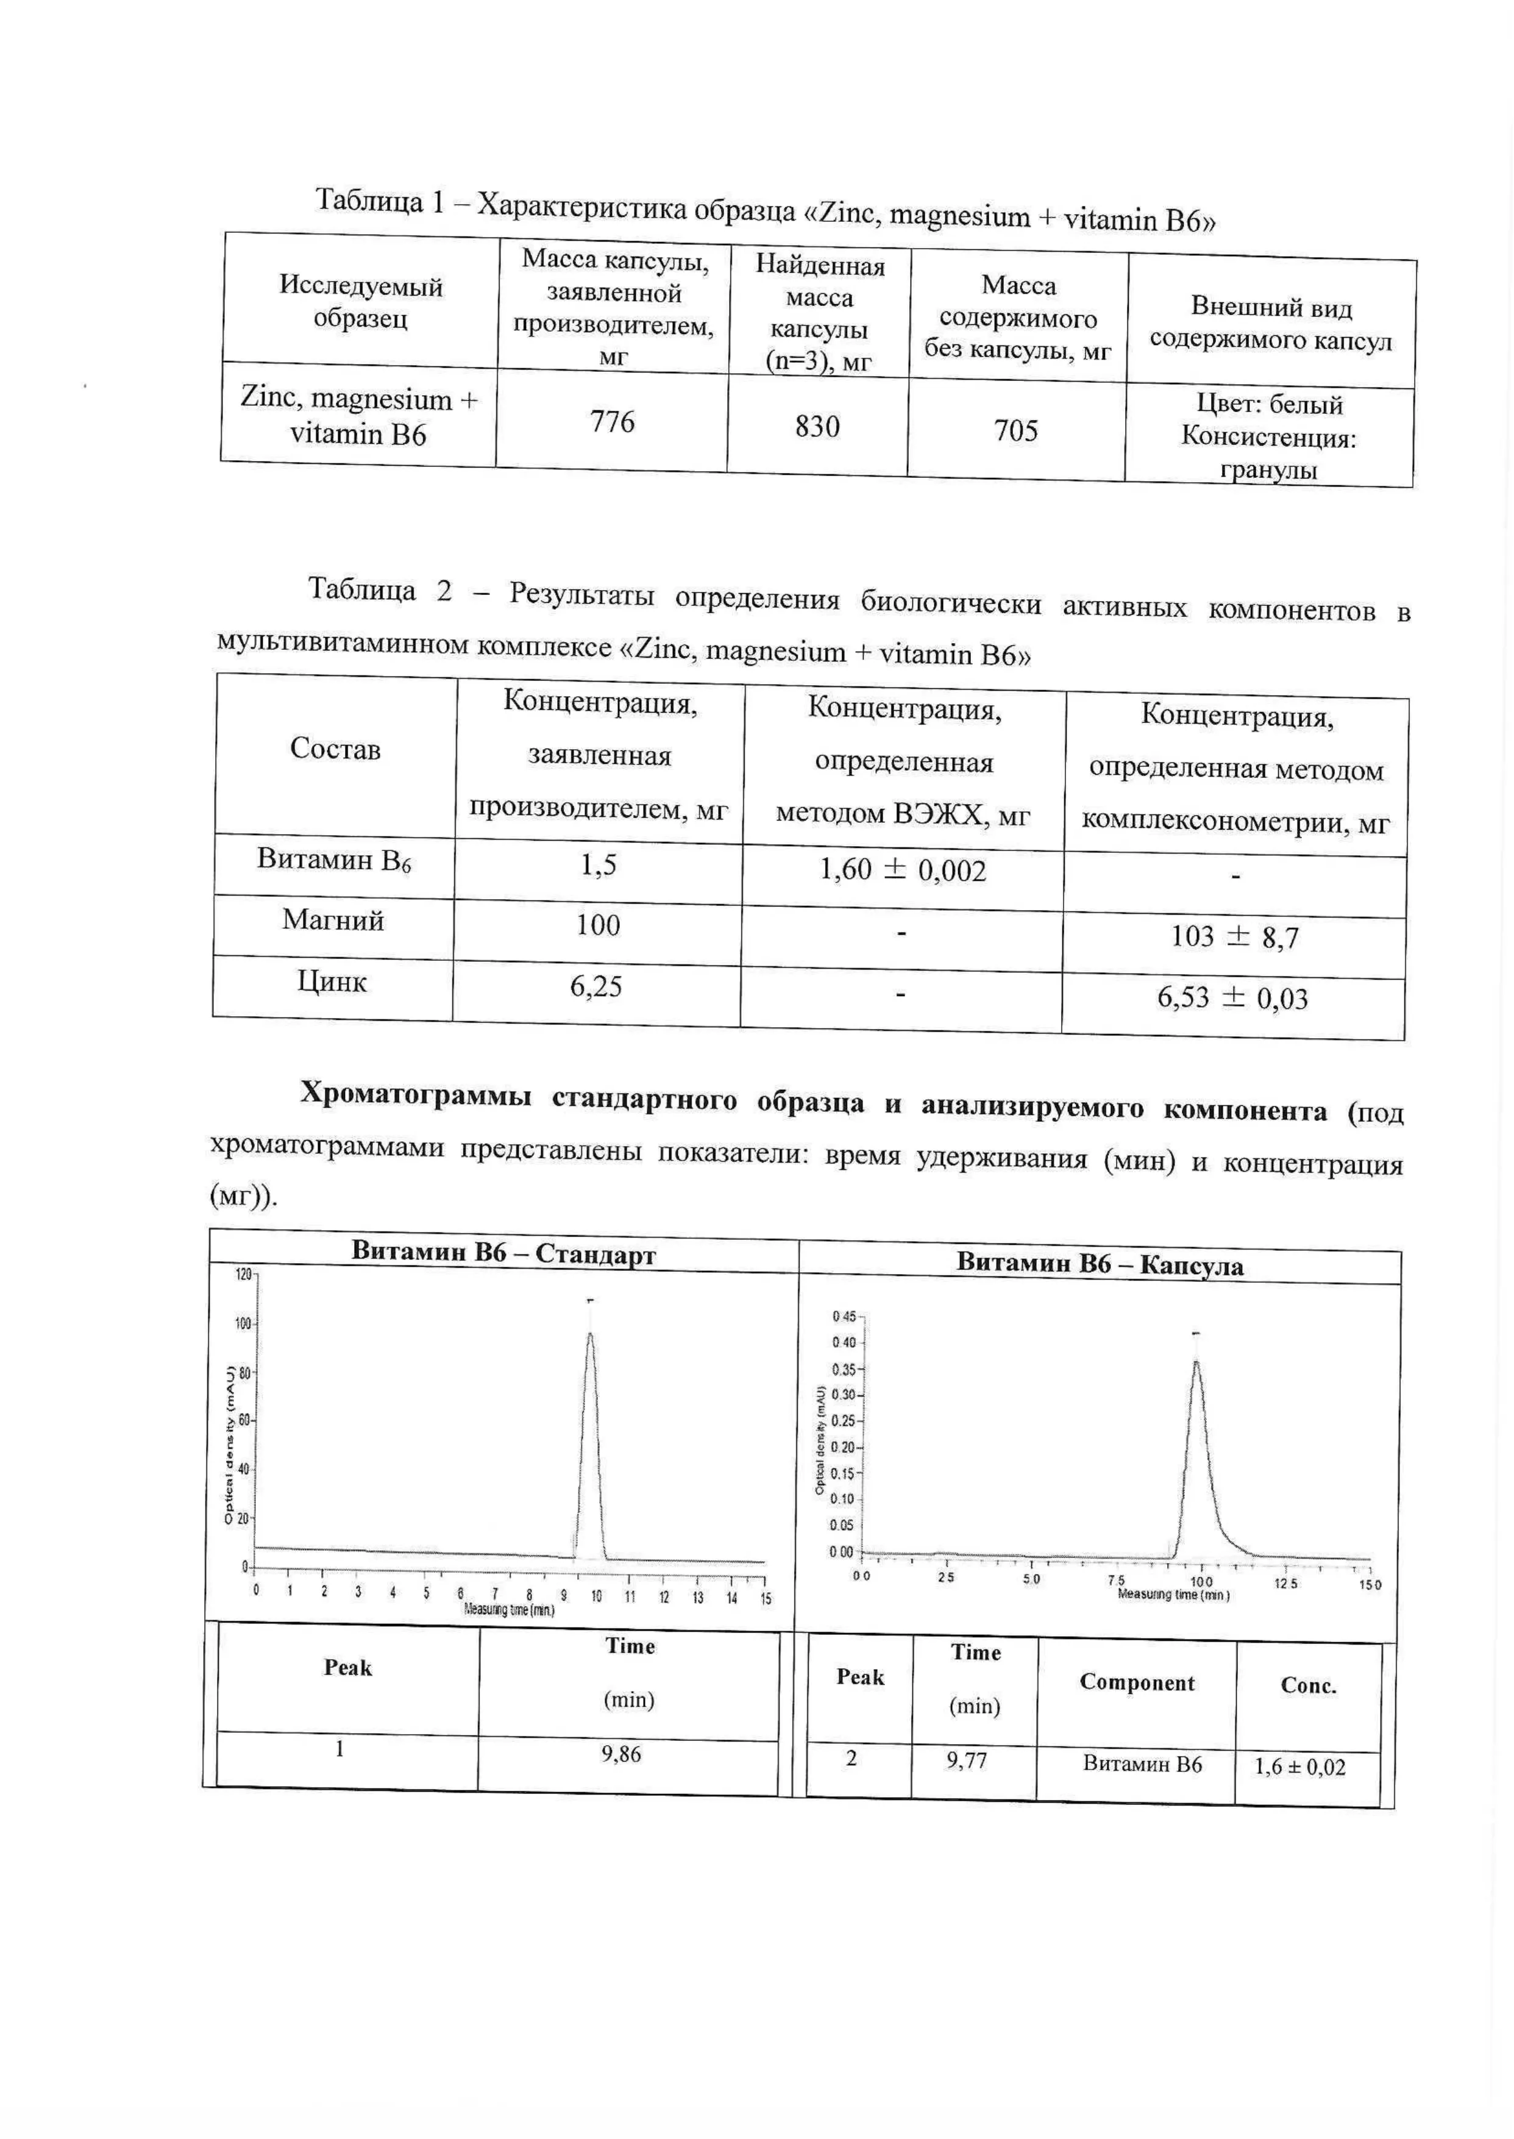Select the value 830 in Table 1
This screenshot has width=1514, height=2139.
817,427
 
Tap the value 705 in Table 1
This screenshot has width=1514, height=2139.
1015,431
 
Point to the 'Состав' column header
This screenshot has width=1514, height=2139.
336,748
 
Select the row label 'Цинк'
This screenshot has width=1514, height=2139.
332,982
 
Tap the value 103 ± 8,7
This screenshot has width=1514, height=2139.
1234,936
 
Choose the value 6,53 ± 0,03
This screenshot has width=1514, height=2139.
1232,998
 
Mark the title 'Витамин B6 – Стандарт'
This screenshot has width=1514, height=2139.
503,1252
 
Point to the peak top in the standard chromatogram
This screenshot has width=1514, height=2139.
589,1334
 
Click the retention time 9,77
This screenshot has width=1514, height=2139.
966,1760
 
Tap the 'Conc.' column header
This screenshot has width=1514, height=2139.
1308,1686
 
